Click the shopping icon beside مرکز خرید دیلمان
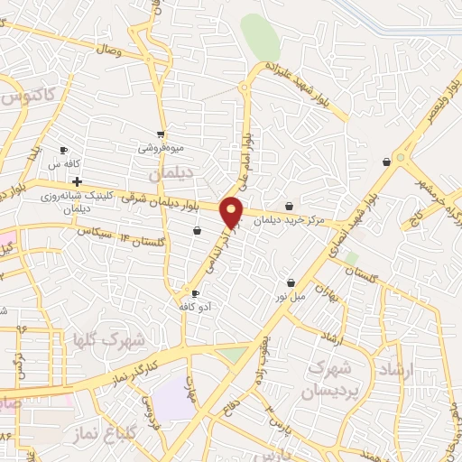pos(289,207)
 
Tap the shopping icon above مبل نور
pos(291,282)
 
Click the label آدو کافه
pos(195,308)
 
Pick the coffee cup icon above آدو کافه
pos(195,294)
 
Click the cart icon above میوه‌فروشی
pos(161,134)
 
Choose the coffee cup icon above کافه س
pos(63,151)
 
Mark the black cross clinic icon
pos(78,181)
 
